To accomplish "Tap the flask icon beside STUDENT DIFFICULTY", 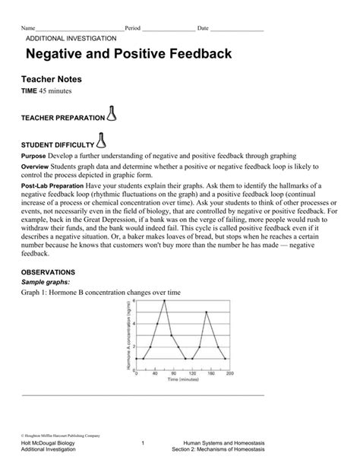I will click(x=101, y=140).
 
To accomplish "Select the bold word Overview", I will click(x=35, y=166).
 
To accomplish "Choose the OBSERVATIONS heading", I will click(x=47, y=271).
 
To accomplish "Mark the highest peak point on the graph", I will click(x=163, y=300).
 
